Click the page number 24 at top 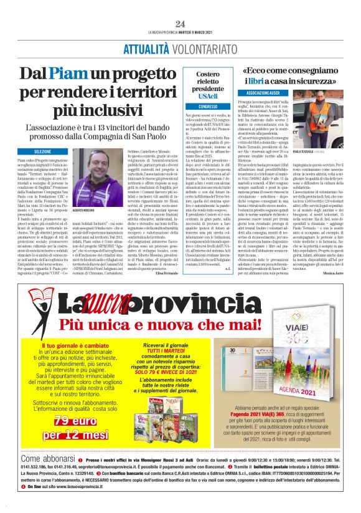pyautogui.click(x=180, y=24)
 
